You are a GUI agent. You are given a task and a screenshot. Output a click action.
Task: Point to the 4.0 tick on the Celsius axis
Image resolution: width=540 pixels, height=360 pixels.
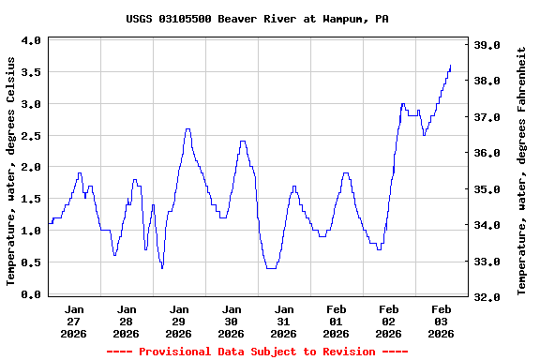point(31,40)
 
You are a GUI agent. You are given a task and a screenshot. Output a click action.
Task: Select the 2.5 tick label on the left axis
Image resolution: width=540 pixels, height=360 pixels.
point(31,136)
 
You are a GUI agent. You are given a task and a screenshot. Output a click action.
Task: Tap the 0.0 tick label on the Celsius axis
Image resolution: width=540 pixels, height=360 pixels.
point(31,294)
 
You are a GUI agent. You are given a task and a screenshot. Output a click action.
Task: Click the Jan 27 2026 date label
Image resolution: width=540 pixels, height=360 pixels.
point(74,321)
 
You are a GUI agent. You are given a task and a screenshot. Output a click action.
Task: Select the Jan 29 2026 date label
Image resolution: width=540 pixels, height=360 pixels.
point(178,321)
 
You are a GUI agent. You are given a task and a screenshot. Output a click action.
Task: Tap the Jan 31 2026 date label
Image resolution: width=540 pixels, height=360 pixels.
point(283,321)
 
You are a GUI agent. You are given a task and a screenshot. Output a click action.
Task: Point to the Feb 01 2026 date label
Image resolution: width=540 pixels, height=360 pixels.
point(336,321)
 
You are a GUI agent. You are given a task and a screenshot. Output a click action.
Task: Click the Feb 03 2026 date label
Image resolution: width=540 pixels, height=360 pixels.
point(441,321)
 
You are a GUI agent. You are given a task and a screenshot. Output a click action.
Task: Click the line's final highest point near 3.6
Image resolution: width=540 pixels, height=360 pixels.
point(450,66)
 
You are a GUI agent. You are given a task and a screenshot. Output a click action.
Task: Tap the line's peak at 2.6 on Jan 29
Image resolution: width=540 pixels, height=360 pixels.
point(187,129)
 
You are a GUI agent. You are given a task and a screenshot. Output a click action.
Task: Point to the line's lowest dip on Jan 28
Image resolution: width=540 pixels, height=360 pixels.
point(162,268)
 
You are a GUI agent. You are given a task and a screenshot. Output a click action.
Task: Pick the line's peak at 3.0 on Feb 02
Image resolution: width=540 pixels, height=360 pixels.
point(402,104)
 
